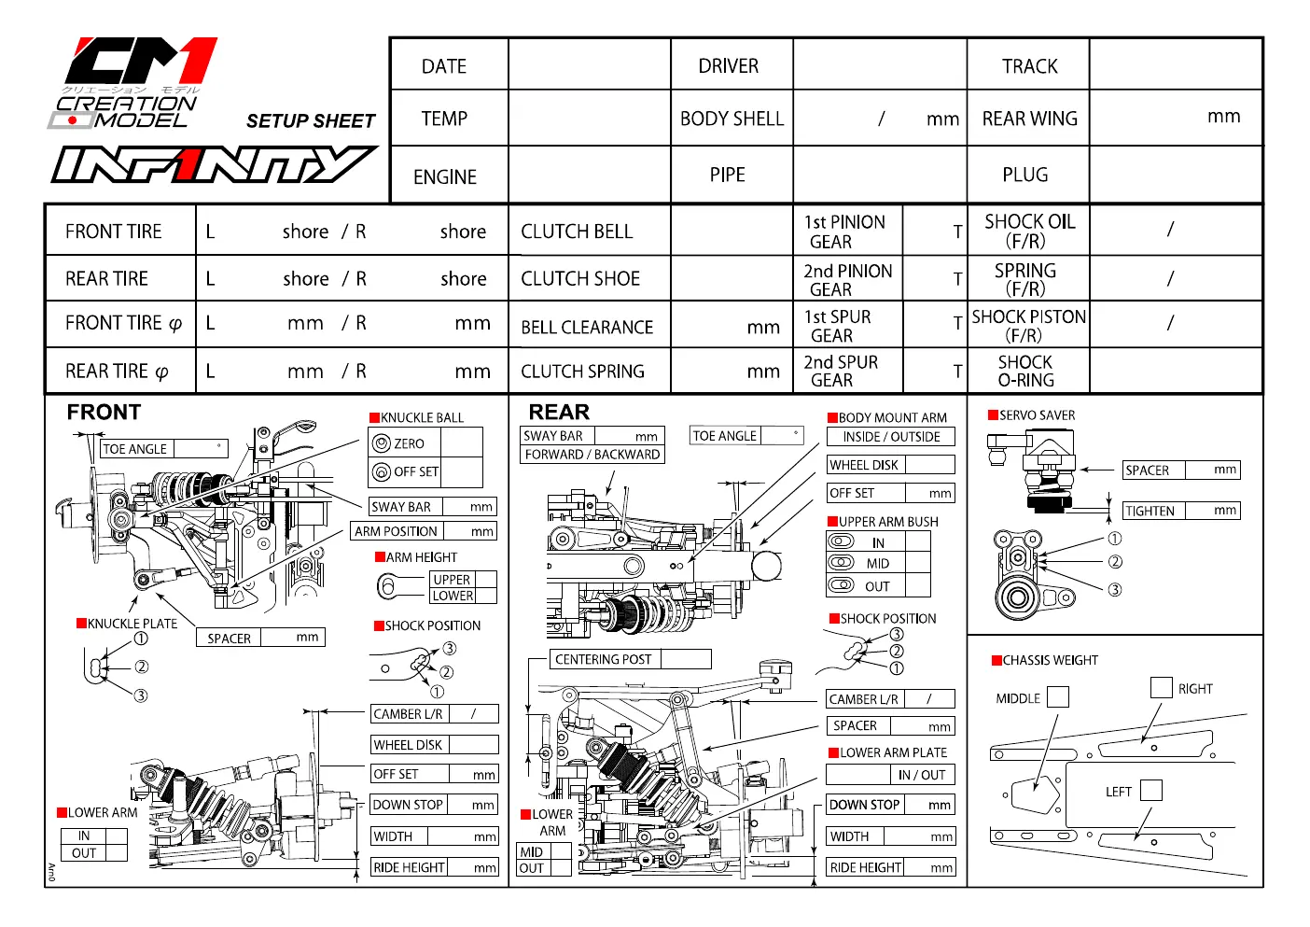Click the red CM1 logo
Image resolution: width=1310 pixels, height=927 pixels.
click(x=142, y=61)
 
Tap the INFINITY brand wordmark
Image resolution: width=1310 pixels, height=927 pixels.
click(x=214, y=164)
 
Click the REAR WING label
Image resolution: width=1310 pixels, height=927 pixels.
click(x=1029, y=119)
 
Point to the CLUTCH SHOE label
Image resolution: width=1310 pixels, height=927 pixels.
click(x=580, y=278)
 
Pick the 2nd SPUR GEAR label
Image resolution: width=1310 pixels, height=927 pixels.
click(x=841, y=371)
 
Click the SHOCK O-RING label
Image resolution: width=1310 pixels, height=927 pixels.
click(x=1025, y=371)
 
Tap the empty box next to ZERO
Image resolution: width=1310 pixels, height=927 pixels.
click(x=462, y=442)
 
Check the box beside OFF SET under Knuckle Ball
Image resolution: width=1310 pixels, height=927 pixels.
click(x=462, y=472)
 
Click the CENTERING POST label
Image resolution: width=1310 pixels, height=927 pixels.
click(x=603, y=660)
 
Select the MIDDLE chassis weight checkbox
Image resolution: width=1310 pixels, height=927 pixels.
click(x=1057, y=697)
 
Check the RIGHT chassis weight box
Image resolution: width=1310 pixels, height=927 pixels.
click(x=1161, y=688)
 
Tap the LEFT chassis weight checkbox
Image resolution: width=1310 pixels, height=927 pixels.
click(x=1151, y=791)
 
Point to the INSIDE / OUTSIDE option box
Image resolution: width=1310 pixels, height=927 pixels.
click(x=891, y=437)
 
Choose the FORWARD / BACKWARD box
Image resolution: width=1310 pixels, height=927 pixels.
click(x=592, y=454)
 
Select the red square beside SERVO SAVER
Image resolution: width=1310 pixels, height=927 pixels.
click(x=993, y=414)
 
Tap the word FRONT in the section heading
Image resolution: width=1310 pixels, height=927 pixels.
click(x=104, y=412)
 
